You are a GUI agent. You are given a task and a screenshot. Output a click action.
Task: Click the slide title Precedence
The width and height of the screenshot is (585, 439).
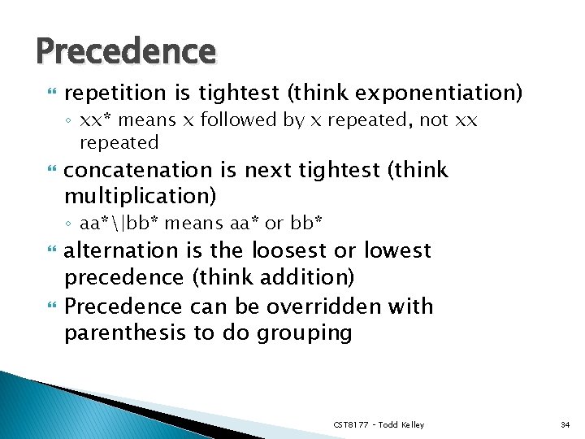pyautogui.click(x=126, y=51)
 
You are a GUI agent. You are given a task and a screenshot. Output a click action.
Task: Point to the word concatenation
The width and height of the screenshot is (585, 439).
pyautogui.click(x=137, y=170)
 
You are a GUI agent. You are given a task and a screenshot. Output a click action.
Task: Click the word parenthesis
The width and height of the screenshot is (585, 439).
pyautogui.click(x=123, y=333)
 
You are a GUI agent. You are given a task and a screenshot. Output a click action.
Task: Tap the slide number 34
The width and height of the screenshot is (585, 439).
pyautogui.click(x=565, y=424)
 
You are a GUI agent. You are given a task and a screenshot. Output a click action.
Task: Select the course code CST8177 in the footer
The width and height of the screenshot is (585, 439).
pyautogui.click(x=351, y=424)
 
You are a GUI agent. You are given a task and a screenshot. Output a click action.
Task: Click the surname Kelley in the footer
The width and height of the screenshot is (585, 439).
pyautogui.click(x=412, y=424)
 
